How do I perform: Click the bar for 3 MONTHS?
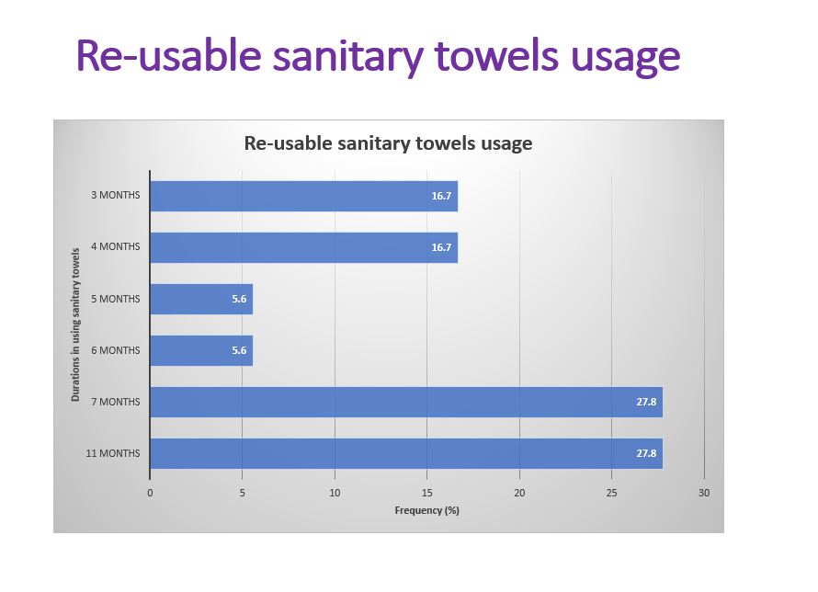pos(303,196)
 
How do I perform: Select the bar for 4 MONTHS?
pos(303,248)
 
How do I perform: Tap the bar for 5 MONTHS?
pos(201,299)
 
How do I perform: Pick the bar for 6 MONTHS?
pos(201,350)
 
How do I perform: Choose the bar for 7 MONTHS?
pos(406,402)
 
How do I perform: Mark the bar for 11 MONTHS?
pos(406,453)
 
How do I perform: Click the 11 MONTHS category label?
pos(113,453)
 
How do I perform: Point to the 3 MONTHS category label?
pos(115,195)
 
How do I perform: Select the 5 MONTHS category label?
pos(115,299)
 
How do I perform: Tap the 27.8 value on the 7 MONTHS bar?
pos(646,402)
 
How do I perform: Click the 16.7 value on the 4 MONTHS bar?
pos(441,247)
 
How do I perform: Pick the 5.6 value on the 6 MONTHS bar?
pos(239,350)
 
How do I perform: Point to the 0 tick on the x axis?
pos(150,493)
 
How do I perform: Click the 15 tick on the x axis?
pos(426,493)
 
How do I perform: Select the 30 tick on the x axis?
pos(704,493)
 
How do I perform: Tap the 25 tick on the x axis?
pos(611,493)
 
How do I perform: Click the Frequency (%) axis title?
pos(426,510)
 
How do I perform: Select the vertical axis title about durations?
pos(75,324)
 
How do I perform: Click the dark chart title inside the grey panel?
pos(388,143)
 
